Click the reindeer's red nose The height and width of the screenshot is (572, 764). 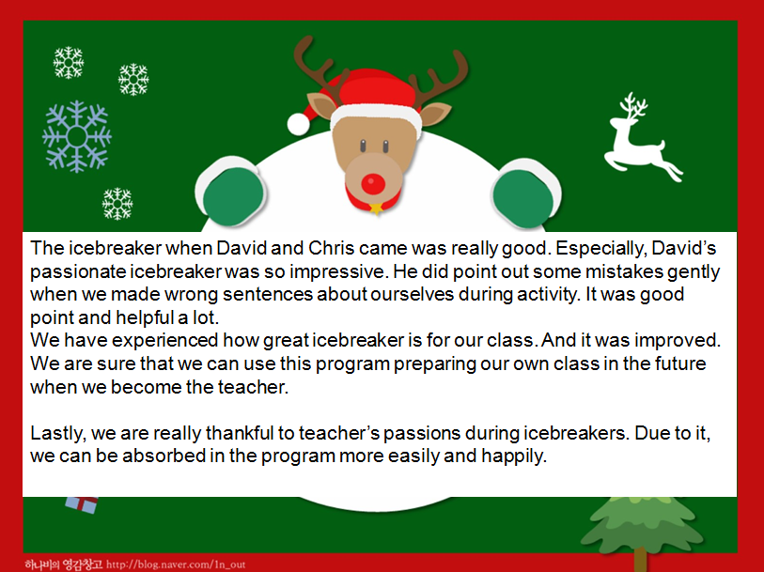pos(373,184)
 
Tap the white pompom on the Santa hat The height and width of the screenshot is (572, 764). pos(298,124)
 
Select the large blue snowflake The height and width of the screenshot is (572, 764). pos(77,137)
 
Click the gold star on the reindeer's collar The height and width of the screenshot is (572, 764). pos(376,209)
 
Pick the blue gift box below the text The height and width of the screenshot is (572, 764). pos(82,504)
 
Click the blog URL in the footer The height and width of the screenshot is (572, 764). pos(176,564)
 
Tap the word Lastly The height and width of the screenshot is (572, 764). pos(58,433)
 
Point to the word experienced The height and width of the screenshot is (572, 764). pos(165,340)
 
